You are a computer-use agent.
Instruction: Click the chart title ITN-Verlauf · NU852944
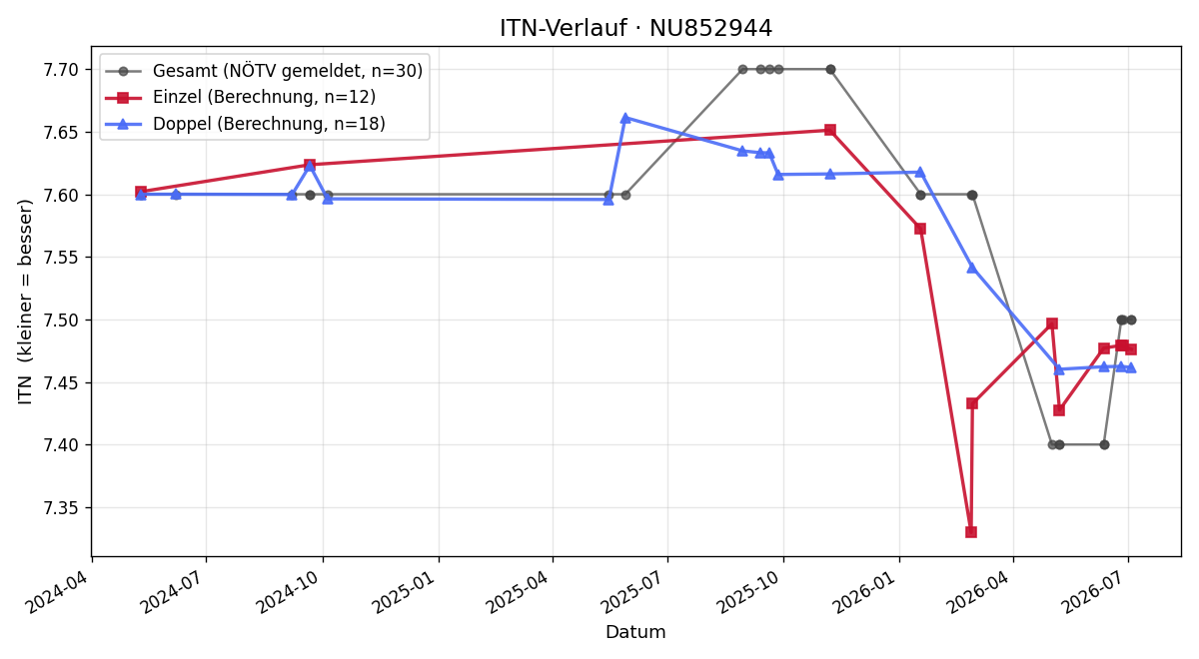click(x=635, y=28)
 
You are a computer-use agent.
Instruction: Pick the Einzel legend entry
click(x=241, y=97)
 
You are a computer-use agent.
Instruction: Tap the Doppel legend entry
click(x=245, y=124)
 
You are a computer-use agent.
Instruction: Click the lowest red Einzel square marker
click(x=971, y=531)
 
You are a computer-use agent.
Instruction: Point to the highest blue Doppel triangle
click(x=625, y=118)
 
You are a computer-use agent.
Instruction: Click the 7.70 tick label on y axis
click(x=61, y=70)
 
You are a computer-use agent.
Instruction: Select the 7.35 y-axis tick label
click(x=61, y=508)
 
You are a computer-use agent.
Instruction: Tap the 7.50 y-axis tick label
click(x=61, y=321)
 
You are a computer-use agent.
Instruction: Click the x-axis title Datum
click(x=635, y=632)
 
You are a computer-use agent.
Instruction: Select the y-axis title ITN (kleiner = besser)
click(x=25, y=302)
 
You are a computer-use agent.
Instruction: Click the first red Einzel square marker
click(x=141, y=192)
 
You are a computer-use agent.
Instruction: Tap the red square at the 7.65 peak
click(x=830, y=130)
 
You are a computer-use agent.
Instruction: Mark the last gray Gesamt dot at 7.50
click(x=1131, y=320)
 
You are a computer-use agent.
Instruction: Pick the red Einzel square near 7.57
click(x=920, y=229)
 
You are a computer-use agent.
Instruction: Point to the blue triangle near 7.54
click(x=972, y=268)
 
